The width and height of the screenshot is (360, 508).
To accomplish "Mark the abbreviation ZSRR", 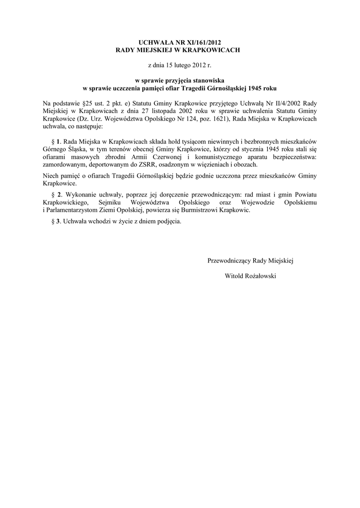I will [x=147, y=165].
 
